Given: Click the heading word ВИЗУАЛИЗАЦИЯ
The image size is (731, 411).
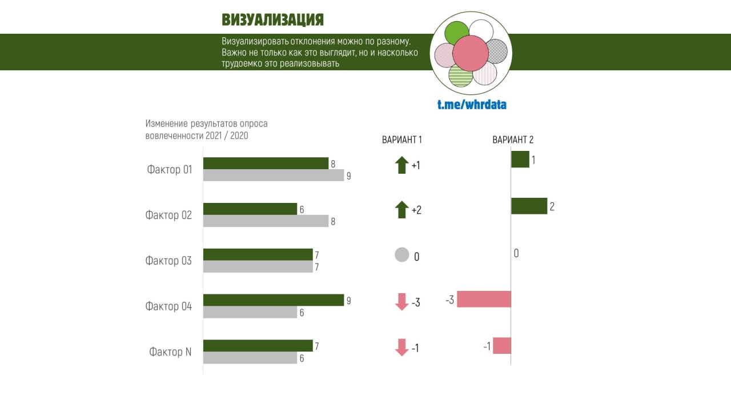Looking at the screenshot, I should click(x=272, y=20).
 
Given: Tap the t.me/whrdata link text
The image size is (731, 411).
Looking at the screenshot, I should click(x=472, y=105).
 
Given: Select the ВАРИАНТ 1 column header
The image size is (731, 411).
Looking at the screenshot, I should click(x=401, y=139).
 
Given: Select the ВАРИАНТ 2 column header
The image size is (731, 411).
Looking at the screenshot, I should click(x=513, y=139).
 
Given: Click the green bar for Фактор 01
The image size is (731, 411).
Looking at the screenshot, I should click(x=266, y=163).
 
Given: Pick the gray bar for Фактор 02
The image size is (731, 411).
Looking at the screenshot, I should click(x=266, y=221).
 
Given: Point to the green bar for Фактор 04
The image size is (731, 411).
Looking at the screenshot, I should click(x=273, y=300).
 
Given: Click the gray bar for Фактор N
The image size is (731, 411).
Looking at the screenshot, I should click(x=250, y=358).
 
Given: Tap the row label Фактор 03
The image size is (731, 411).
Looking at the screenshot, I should click(x=168, y=261).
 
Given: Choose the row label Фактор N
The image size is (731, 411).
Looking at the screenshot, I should click(x=170, y=352).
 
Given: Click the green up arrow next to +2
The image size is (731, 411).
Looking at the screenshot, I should click(x=401, y=210).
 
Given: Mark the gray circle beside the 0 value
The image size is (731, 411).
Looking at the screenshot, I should click(x=402, y=255).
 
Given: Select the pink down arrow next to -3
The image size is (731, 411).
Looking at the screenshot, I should click(x=402, y=301).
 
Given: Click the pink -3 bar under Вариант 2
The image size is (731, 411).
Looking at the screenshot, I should click(x=484, y=299).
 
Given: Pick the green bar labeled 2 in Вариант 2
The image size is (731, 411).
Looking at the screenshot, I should click(x=529, y=206).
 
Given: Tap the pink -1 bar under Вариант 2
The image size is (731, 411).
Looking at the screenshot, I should click(x=502, y=346).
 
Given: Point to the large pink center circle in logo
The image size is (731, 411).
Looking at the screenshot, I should click(x=470, y=53).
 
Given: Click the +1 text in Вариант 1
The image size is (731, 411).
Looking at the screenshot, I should click(x=416, y=166).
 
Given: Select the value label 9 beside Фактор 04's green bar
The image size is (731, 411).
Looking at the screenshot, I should click(x=348, y=301).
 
